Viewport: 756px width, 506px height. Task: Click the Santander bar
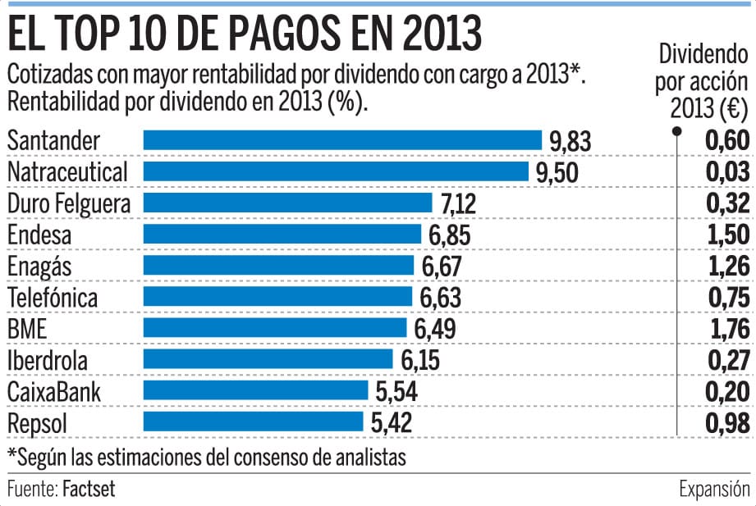pos(342,141)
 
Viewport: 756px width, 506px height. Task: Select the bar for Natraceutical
pos(336,172)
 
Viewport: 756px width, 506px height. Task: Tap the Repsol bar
pos(253,422)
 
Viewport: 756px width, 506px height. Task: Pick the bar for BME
pos(275,329)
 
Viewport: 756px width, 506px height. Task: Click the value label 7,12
pos(457,204)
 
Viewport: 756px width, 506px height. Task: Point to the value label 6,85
pos(450,235)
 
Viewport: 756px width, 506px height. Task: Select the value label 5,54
pos(396,392)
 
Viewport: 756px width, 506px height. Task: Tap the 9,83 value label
pos(570,142)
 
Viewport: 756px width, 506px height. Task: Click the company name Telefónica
pos(53,297)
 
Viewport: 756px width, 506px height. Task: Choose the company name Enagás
pos(41,267)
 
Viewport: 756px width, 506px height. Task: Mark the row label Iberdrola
pos(47,360)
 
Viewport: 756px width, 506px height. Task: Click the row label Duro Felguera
pos(68,203)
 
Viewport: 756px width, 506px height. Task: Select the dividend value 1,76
pos(727,329)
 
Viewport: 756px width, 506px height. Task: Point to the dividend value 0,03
pos(727,172)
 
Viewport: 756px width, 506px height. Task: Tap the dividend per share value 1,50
pos(727,235)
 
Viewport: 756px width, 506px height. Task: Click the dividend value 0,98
pos(727,423)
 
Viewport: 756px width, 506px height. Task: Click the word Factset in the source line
pos(89,490)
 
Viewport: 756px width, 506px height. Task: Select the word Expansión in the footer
pos(714,490)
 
